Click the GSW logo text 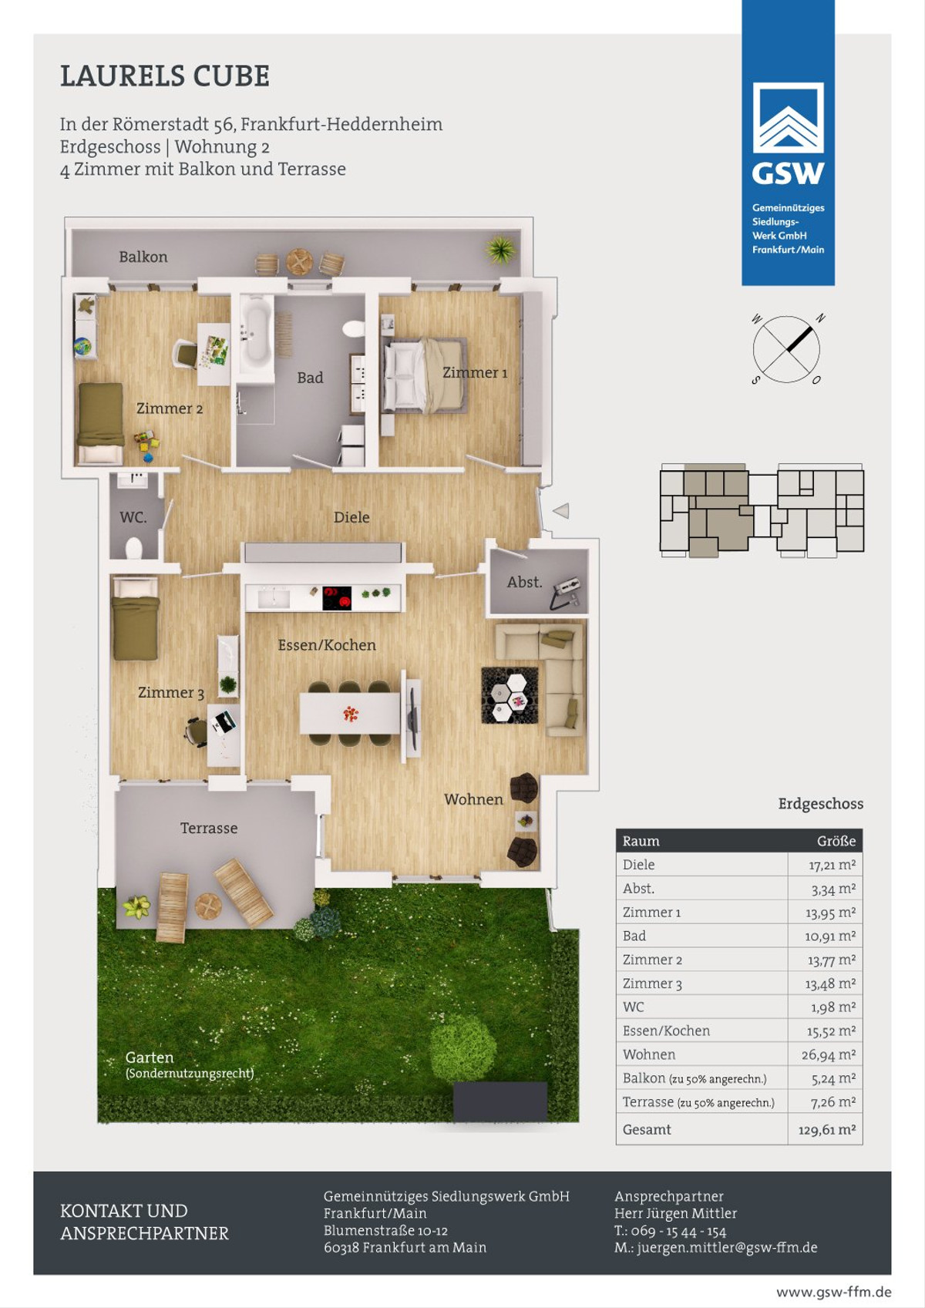click(788, 173)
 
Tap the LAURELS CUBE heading click(165, 76)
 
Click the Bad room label click(310, 378)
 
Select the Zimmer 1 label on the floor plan click(475, 372)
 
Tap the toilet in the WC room click(133, 548)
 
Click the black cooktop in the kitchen click(337, 598)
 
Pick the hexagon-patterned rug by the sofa click(510, 695)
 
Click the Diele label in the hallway click(351, 516)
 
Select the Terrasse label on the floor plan click(208, 828)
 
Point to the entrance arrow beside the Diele click(561, 511)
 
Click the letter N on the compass click(820, 318)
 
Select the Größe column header click(836, 841)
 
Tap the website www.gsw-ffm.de click(833, 1292)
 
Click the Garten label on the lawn click(150, 1057)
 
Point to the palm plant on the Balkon click(500, 250)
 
